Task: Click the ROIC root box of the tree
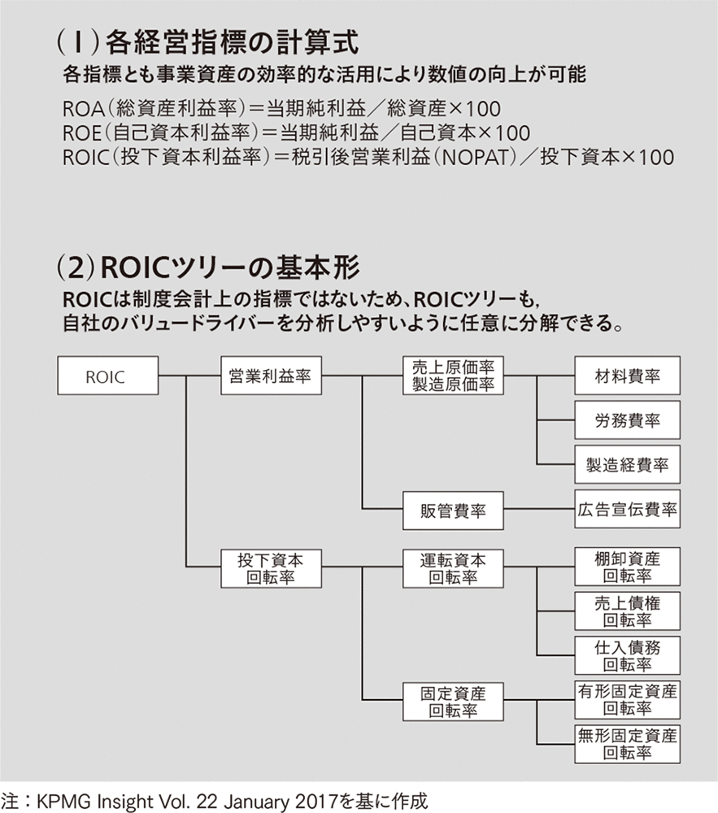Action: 108,376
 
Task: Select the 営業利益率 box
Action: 271,376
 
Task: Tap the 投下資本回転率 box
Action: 271,568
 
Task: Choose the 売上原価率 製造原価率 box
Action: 453,376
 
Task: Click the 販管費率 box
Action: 453,511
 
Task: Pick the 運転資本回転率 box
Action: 453,568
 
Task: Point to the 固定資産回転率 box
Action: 453,702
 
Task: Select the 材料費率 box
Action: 627,376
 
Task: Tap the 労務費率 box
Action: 627,420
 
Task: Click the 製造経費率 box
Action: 627,464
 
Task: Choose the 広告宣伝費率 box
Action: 627,509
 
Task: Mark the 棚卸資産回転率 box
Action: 627,566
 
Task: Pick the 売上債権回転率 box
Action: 627,611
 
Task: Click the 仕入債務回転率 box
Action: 627,655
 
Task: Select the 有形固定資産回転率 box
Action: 627,700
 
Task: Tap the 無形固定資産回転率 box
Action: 627,745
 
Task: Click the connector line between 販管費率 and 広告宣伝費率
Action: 539,509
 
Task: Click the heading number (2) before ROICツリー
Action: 76,268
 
